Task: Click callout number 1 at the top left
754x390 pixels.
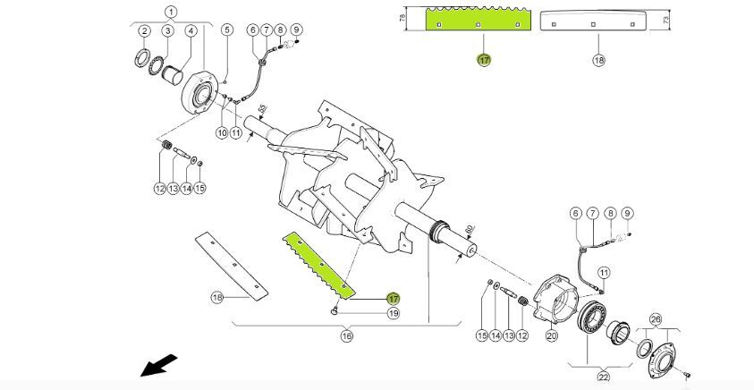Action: (x=171, y=12)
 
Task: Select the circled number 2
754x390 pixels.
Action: (x=143, y=31)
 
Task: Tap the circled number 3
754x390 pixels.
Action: (x=166, y=31)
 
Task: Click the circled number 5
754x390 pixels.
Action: (x=227, y=30)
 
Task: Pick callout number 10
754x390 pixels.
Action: (x=221, y=132)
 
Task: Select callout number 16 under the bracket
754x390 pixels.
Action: (x=346, y=335)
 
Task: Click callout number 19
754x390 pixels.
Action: (x=393, y=314)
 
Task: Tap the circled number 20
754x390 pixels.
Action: (x=551, y=335)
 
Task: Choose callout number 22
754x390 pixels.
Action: (x=603, y=377)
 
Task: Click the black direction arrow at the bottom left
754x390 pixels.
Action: (x=158, y=366)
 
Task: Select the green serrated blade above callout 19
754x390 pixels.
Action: (x=320, y=266)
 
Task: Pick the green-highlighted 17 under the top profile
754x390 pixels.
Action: (x=484, y=60)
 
